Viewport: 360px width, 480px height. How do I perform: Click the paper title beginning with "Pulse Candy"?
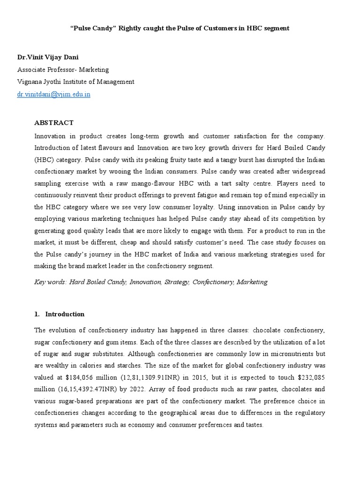180,28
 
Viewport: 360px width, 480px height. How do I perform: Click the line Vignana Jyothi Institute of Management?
75,82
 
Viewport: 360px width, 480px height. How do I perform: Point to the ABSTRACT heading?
54,123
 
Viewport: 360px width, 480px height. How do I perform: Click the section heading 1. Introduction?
60,314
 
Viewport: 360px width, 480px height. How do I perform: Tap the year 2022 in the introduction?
141,390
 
